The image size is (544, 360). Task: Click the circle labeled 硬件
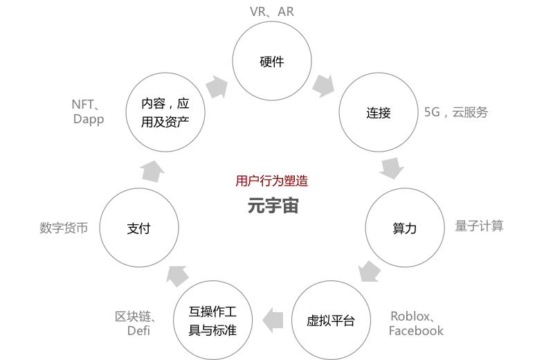[x=271, y=61]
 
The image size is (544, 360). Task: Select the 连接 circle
[x=378, y=112]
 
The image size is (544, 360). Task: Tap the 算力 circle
[x=404, y=228]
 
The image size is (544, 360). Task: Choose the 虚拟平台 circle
[x=331, y=321]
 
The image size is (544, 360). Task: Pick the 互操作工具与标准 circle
[x=212, y=321]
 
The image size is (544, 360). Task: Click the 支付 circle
[x=139, y=228]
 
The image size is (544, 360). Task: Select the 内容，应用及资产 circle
[x=165, y=112]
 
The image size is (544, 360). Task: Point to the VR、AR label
[x=271, y=12]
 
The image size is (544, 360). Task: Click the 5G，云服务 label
[x=456, y=112]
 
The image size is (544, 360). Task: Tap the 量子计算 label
[x=479, y=226]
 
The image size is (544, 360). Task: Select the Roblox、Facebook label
[x=416, y=323]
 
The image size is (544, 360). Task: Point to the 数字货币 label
[x=64, y=228]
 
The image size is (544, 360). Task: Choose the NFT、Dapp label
[x=88, y=111]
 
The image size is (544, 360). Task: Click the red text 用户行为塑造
[x=271, y=181]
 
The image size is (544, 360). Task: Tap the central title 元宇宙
[x=273, y=206]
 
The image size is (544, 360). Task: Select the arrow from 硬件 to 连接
[x=323, y=86]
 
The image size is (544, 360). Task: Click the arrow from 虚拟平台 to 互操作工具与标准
[x=275, y=319]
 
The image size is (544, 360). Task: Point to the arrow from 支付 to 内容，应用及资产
[x=152, y=170]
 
